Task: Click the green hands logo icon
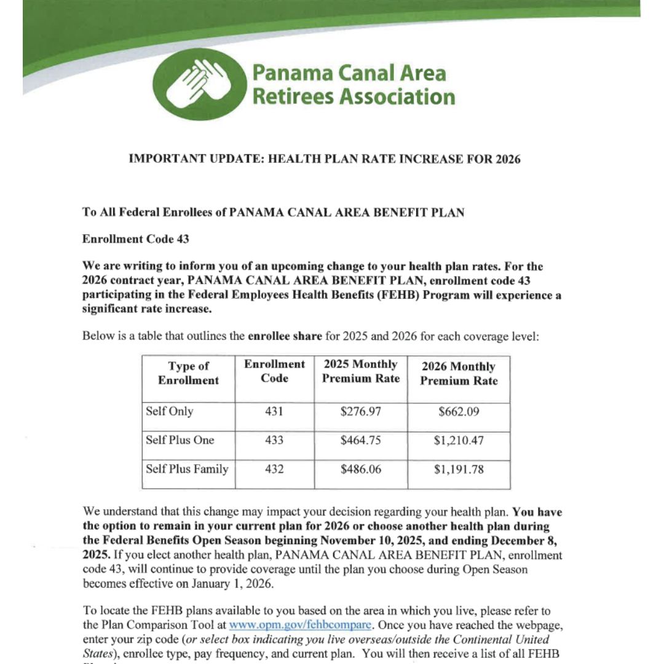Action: pyautogui.click(x=199, y=84)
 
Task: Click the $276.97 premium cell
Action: pyautogui.click(x=360, y=411)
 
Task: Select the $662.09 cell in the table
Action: pyautogui.click(x=459, y=411)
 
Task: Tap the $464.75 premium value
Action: pyautogui.click(x=360, y=440)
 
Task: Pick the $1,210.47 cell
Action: pyautogui.click(x=459, y=440)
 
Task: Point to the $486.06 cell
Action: pyautogui.click(x=360, y=469)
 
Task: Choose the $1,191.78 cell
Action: pyautogui.click(x=459, y=470)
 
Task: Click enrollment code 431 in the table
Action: pyautogui.click(x=274, y=411)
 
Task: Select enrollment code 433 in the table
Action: pyautogui.click(x=274, y=440)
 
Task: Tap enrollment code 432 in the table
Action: pyautogui.click(x=274, y=469)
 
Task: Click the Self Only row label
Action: pyautogui.click(x=169, y=411)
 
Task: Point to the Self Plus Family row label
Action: pyautogui.click(x=187, y=469)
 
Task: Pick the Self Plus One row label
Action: pyautogui.click(x=180, y=440)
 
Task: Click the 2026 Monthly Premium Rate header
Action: pyautogui.click(x=459, y=374)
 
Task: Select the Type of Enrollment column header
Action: pyautogui.click(x=188, y=373)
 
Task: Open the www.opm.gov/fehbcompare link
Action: pyautogui.click(x=300, y=625)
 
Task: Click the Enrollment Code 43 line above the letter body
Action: pyautogui.click(x=135, y=239)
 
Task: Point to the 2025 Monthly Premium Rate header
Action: pyautogui.click(x=360, y=371)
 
